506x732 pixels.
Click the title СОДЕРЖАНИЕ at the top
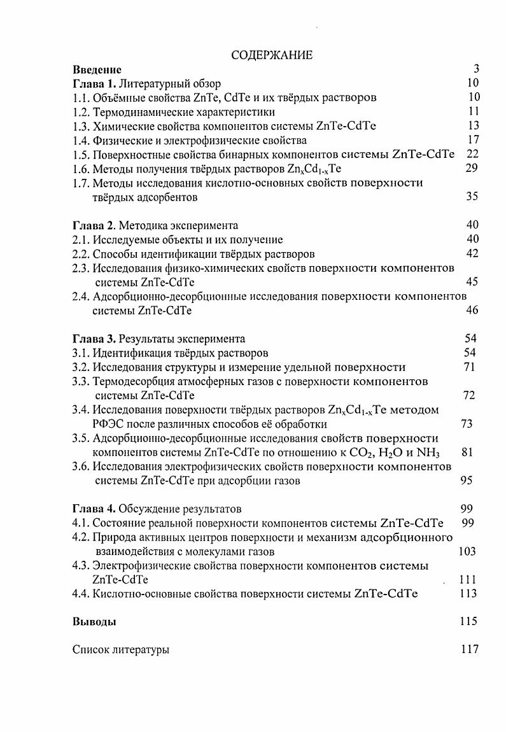pyautogui.click(x=272, y=55)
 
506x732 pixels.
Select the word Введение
pyautogui.click(x=97, y=69)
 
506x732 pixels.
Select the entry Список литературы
pyautogui.click(x=121, y=650)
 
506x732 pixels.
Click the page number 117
pyautogui.click(x=468, y=650)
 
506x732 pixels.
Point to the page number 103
pyautogui.click(x=467, y=552)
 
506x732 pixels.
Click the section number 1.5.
pyautogui.click(x=81, y=154)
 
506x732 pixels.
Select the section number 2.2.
pyautogui.click(x=81, y=254)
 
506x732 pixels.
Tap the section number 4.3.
pyautogui.click(x=81, y=566)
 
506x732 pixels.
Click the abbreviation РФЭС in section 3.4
pyautogui.click(x=111, y=424)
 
